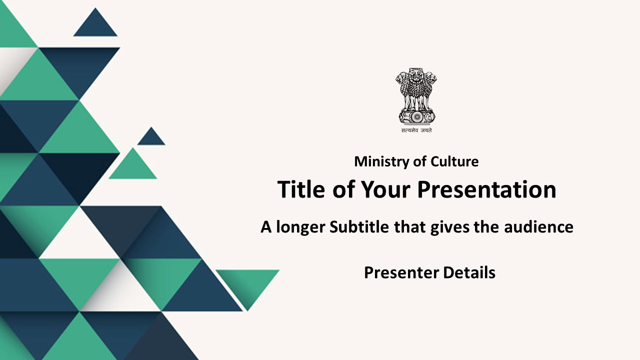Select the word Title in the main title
click(301, 189)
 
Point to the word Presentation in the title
click(487, 189)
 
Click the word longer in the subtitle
click(300, 228)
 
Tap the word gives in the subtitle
click(450, 228)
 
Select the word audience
click(538, 227)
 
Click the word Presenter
click(401, 273)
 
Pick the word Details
click(469, 272)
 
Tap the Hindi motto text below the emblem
click(416, 130)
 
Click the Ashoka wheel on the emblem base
click(416, 116)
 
